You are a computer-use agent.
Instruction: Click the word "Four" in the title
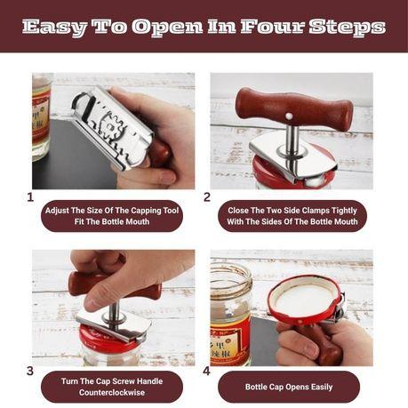point(272,27)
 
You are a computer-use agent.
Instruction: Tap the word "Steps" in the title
point(347,28)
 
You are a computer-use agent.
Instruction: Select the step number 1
point(30,197)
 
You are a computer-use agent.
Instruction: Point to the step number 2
point(207,197)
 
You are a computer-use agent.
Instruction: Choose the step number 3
point(30,371)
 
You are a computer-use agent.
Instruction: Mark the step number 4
point(207,371)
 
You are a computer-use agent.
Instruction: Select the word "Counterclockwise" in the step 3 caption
point(112,392)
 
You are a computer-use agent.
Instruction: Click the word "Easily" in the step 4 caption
point(322,387)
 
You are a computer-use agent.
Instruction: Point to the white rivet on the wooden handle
point(288,116)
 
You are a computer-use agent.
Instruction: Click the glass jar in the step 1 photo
point(41,117)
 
